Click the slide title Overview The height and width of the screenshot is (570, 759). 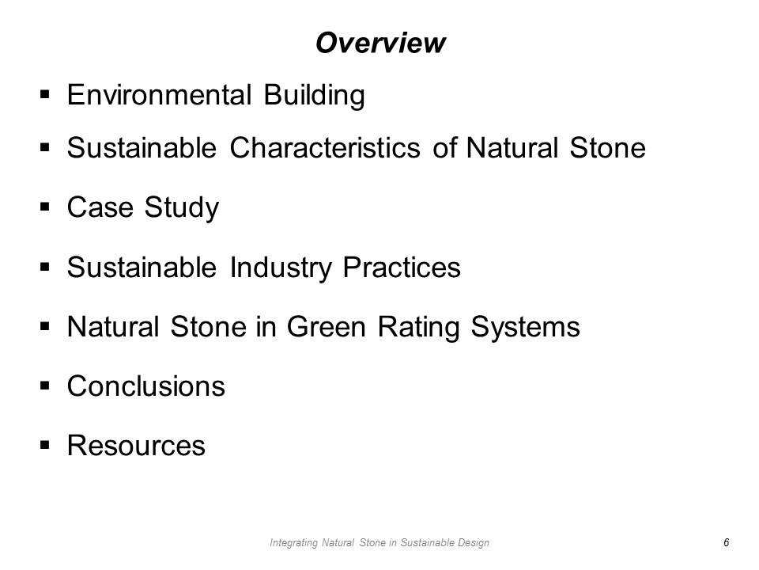tap(380, 43)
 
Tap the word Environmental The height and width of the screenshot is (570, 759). tap(159, 94)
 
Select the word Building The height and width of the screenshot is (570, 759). tap(314, 96)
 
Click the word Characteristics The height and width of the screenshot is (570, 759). tap(325, 147)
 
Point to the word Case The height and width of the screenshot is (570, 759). tap(100, 207)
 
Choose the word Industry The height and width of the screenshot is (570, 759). tap(281, 268)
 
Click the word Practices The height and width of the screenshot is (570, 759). tap(402, 267)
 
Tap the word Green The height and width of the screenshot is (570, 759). tap(327, 327)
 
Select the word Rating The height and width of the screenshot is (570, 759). tap(418, 328)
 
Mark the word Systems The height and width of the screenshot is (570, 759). tap(525, 328)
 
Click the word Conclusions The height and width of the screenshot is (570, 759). tap(146, 386)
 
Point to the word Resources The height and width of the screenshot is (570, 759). tap(137, 446)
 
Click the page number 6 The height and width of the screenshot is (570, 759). tap(726, 542)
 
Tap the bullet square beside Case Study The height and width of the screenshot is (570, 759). tap(45, 207)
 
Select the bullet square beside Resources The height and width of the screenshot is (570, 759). tap(45, 445)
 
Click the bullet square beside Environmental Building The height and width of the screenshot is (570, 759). tap(45, 94)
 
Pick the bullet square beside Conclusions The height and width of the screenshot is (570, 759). tap(45, 386)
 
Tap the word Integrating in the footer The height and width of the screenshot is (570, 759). tap(293, 543)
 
